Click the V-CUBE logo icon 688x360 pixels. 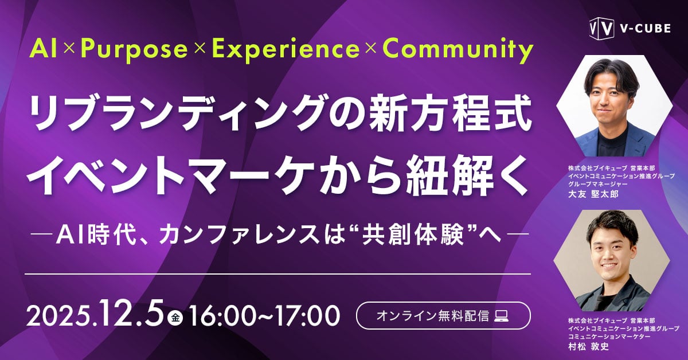click(599, 28)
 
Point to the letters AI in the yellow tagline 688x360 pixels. click(45, 50)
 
